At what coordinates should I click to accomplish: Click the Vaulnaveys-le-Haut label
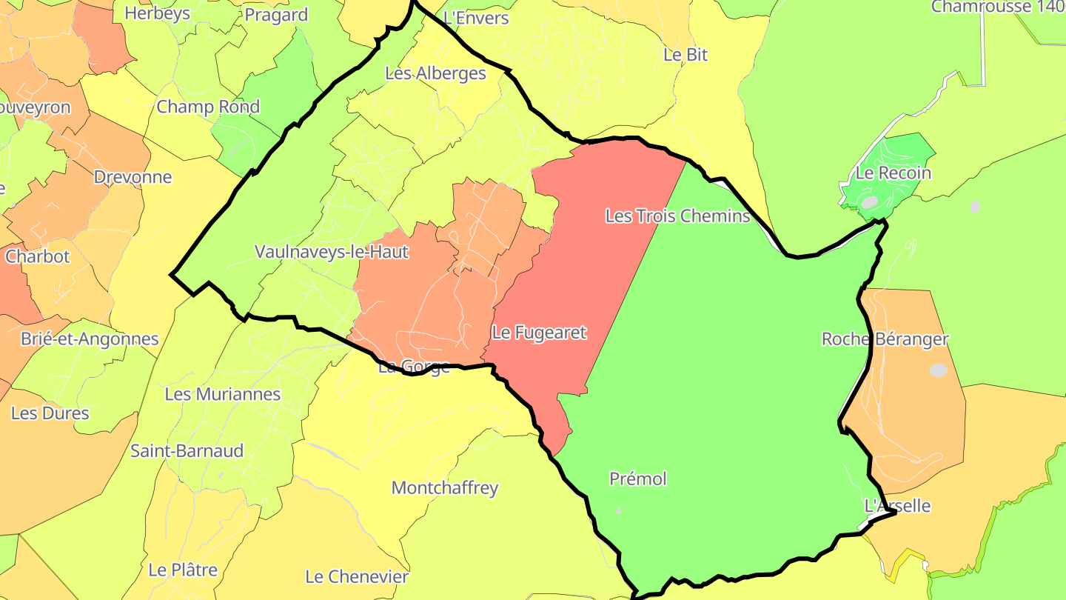point(331,252)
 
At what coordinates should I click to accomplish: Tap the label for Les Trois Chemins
point(677,216)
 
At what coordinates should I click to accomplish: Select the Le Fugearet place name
point(539,333)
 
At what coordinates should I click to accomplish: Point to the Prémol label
point(637,479)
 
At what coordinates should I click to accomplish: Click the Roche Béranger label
point(885,339)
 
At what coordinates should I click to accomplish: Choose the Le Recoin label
point(893,173)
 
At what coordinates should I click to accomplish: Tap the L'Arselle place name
point(897,506)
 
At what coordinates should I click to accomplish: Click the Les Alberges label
point(435,73)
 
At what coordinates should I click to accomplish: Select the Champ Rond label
point(208,107)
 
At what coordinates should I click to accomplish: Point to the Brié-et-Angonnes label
point(90,339)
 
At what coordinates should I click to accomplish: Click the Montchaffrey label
point(444,488)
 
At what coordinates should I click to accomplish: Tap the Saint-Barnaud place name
point(187,450)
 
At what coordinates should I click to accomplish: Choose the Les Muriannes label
point(222,394)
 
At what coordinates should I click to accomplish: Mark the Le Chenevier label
point(357,576)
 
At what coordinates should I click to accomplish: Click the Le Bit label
point(685,54)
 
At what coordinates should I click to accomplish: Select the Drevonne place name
point(133,177)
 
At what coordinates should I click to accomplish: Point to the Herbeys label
point(157,13)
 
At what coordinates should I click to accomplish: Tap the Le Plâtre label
point(183,570)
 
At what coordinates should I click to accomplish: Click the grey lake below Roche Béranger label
point(938,370)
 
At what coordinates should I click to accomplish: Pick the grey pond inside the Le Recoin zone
point(869,201)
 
